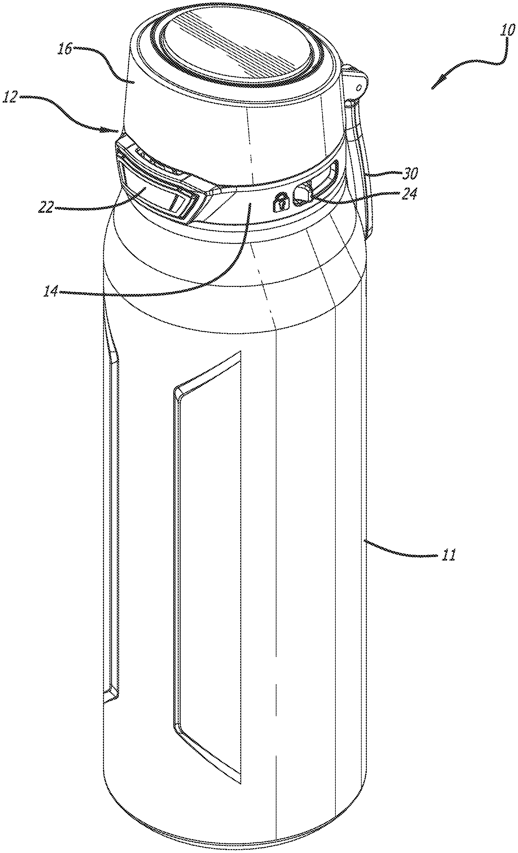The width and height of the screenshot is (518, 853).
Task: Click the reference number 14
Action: (51, 291)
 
